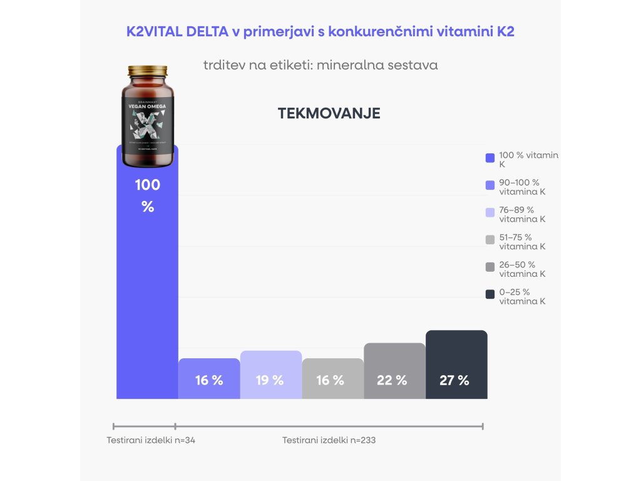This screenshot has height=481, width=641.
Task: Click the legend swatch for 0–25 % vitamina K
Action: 490,294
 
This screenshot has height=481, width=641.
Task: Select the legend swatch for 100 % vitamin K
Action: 490,158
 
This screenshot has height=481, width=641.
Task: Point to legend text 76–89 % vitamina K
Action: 522,214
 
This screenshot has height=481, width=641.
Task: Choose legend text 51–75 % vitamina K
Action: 522,242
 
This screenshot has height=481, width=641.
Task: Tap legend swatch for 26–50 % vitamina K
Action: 490,267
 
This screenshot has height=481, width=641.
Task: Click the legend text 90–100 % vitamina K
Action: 522,187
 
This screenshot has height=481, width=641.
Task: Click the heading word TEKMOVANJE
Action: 329,113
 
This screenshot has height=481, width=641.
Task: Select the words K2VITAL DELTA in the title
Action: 177,32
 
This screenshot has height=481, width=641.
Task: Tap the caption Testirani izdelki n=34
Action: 151,440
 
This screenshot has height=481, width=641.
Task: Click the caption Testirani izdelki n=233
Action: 329,440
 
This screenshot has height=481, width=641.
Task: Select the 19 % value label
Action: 270,380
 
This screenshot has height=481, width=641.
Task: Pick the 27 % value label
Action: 454,380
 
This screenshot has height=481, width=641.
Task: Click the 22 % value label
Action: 392,380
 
